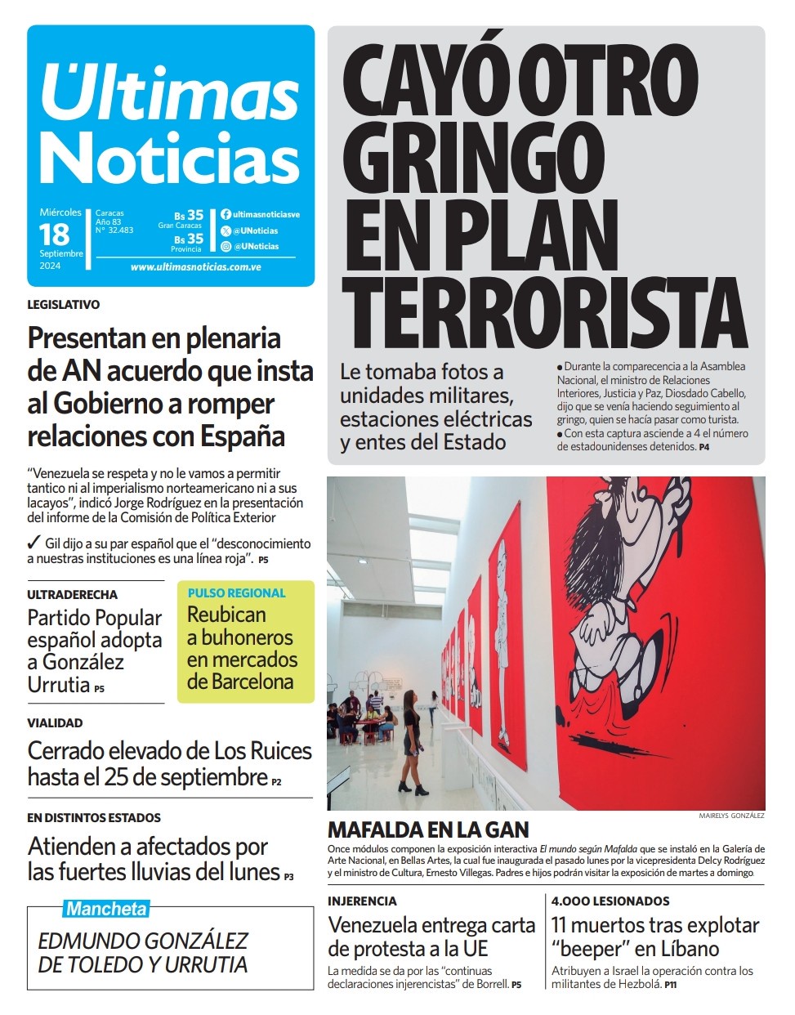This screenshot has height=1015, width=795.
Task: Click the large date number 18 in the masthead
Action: pos(54,235)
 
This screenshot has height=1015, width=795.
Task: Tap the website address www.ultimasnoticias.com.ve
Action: pos(195,267)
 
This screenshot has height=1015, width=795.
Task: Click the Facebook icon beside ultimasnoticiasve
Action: pos(226,215)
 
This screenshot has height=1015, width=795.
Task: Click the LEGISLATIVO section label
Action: pos(63,305)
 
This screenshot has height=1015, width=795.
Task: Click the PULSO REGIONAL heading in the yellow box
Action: pos(237,593)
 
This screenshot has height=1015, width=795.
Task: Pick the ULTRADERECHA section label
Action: pos(72,595)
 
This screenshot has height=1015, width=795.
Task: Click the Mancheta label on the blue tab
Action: pos(106,909)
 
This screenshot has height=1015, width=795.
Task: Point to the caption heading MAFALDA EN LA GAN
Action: pos(428,830)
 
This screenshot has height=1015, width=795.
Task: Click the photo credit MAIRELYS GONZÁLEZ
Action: pos(731,816)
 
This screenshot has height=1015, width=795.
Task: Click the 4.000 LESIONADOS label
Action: pos(610,901)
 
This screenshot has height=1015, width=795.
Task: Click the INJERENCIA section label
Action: pos(362,901)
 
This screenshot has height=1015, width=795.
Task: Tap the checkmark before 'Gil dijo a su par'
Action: pos(33,543)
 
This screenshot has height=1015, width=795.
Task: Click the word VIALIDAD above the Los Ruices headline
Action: pos(55,723)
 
